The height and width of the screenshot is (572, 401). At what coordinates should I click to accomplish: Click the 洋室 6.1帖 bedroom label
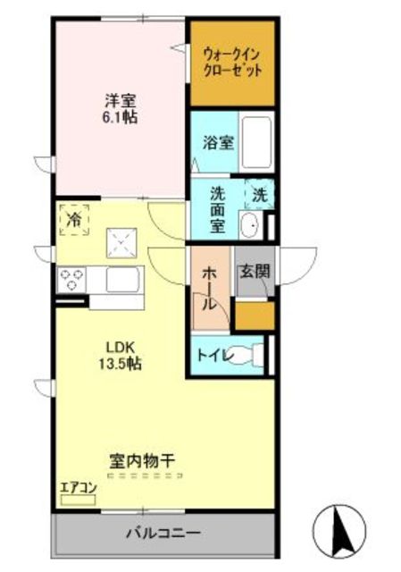click(x=121, y=108)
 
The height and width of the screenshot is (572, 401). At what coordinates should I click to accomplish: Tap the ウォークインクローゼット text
click(x=232, y=63)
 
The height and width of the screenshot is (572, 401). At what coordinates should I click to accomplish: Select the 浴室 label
click(x=219, y=143)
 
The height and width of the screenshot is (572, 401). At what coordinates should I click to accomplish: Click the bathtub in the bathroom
click(x=256, y=142)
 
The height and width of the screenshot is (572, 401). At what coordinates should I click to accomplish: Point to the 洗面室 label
click(x=218, y=210)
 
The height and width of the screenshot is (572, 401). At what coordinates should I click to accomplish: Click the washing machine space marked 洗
click(x=260, y=196)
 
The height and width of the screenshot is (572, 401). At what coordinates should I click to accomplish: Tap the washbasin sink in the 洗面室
click(x=251, y=224)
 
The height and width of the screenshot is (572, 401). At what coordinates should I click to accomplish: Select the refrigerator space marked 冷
click(x=74, y=220)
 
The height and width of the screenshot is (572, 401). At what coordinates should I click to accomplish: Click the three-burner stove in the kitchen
click(x=71, y=280)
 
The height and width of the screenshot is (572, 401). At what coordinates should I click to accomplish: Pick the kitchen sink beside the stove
click(x=123, y=279)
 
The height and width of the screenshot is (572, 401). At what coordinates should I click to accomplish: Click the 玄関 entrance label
click(x=255, y=272)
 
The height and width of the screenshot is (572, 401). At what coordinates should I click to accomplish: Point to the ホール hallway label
click(x=210, y=288)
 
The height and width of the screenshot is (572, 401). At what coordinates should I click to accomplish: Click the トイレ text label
click(x=214, y=355)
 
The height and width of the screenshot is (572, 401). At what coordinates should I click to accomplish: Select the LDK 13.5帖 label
click(x=121, y=354)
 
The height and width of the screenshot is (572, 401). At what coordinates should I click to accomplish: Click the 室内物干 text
click(x=142, y=461)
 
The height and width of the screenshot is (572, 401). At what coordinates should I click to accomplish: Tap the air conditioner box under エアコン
click(x=78, y=500)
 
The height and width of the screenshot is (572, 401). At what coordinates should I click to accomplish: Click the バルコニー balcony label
click(x=163, y=534)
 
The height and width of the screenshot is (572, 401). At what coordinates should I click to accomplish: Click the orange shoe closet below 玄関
click(x=255, y=315)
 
